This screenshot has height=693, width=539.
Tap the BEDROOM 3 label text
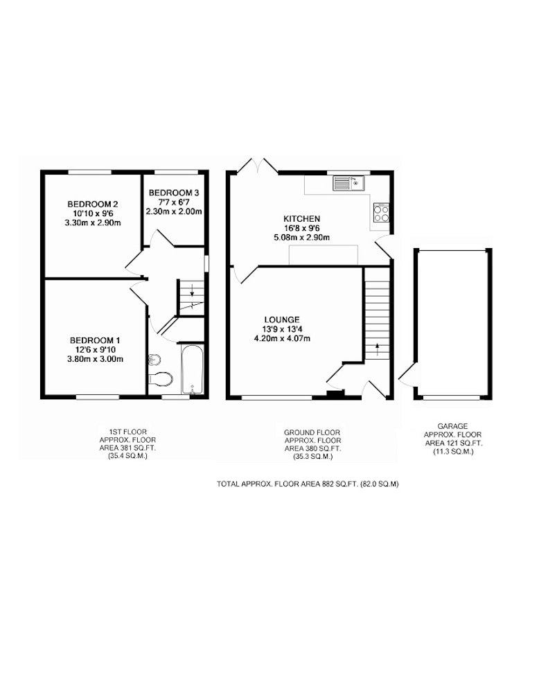tap(174, 193)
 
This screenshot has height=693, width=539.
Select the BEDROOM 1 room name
tap(95, 340)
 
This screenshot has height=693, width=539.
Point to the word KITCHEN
tap(302, 219)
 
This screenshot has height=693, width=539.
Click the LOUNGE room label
tap(282, 319)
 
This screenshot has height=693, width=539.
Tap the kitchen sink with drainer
tap(348, 183)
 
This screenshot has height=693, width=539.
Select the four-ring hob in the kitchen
tap(381, 212)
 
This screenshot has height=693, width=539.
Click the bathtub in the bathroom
tap(192, 369)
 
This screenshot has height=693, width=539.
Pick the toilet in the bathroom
tap(160, 379)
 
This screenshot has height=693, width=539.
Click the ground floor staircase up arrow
tap(377, 349)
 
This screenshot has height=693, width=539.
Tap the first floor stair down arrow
tap(192, 292)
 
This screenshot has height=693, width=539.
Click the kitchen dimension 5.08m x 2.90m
tap(302, 237)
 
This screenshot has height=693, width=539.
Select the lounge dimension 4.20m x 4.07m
tap(282, 339)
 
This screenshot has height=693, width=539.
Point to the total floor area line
tap(308, 484)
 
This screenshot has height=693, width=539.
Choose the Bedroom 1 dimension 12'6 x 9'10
tap(95, 349)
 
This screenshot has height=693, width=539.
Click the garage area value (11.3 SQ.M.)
tap(452, 452)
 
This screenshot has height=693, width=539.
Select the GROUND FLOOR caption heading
tap(312, 432)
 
